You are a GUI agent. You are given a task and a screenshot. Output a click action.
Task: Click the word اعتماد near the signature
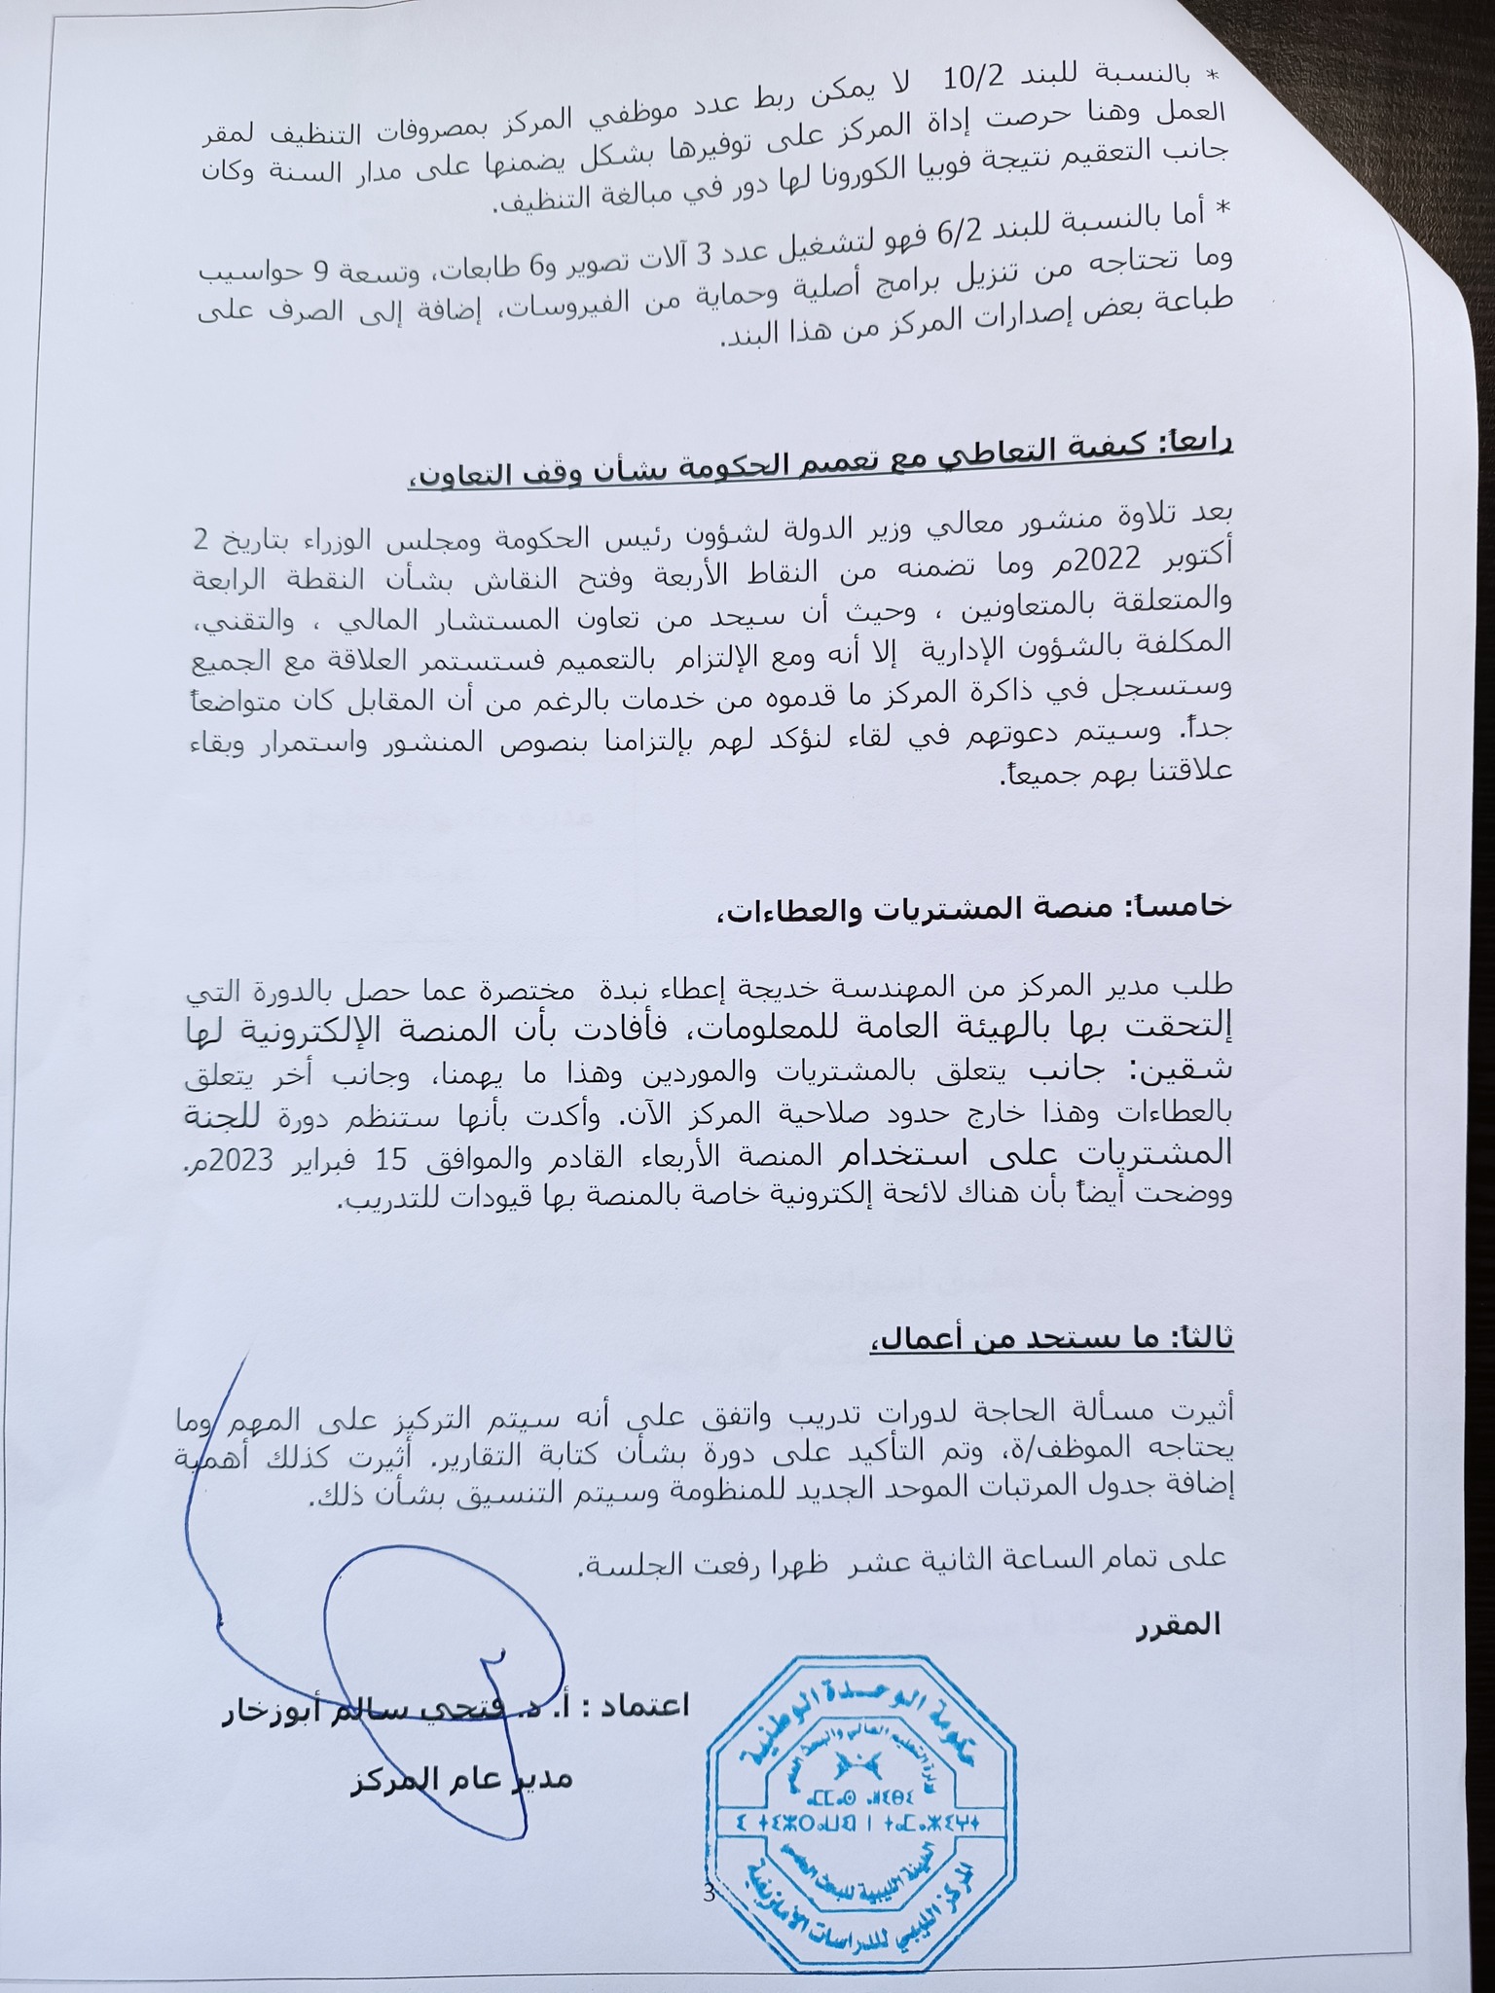[x=653, y=1704]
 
